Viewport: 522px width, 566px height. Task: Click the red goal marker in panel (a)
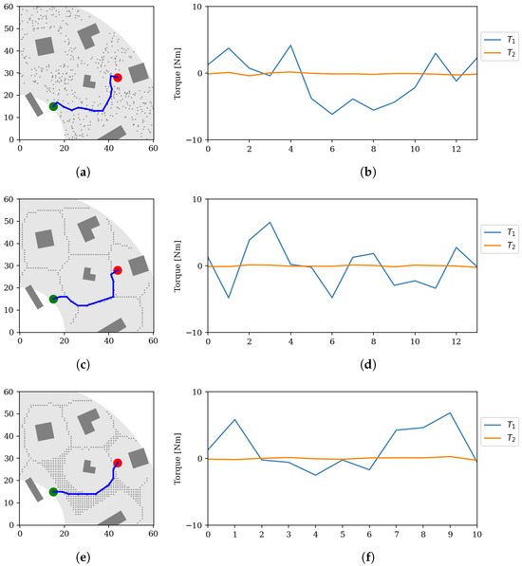[118, 78]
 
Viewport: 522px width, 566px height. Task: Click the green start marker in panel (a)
[53, 106]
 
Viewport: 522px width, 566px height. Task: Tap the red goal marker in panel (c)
[118, 270]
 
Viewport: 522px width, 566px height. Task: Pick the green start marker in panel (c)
[53, 299]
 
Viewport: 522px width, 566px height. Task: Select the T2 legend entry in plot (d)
[499, 249]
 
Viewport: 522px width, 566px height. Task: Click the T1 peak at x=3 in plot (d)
[270, 222]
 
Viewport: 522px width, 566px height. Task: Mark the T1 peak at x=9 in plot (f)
[451, 412]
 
